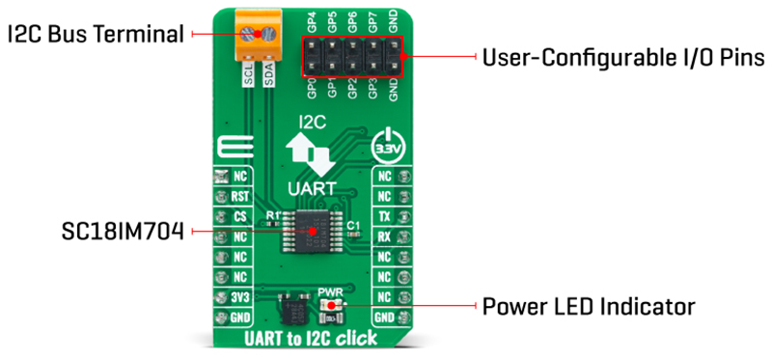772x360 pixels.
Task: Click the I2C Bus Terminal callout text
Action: (x=95, y=34)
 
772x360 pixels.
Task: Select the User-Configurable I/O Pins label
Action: (x=622, y=57)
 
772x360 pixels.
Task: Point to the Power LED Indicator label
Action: (x=588, y=308)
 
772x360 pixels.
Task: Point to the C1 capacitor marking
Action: (x=354, y=223)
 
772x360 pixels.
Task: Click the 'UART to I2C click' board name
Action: (x=312, y=340)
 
